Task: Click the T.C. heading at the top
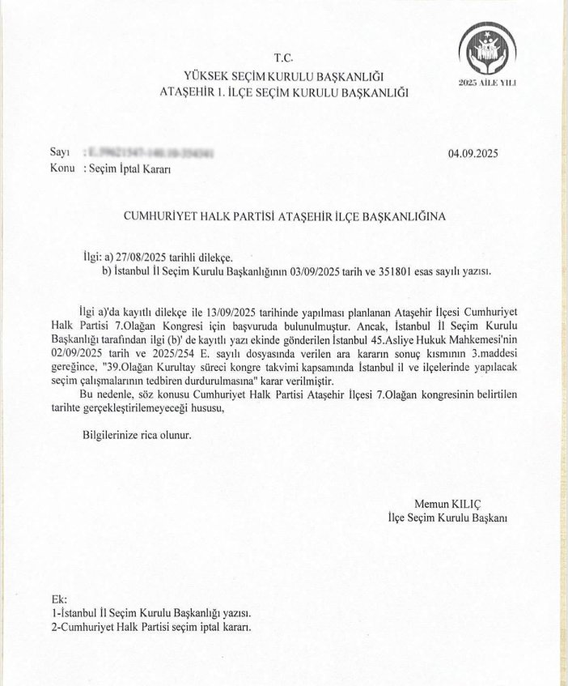(x=283, y=58)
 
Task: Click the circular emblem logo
(x=487, y=49)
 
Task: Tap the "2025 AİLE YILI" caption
(x=487, y=83)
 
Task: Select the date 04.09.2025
(x=478, y=154)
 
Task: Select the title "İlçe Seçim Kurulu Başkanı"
(x=447, y=517)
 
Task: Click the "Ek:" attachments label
(x=57, y=600)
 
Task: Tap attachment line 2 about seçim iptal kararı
(x=150, y=628)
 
